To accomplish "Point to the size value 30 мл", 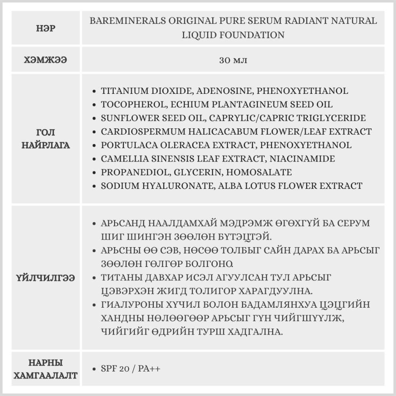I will tap(233, 60).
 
